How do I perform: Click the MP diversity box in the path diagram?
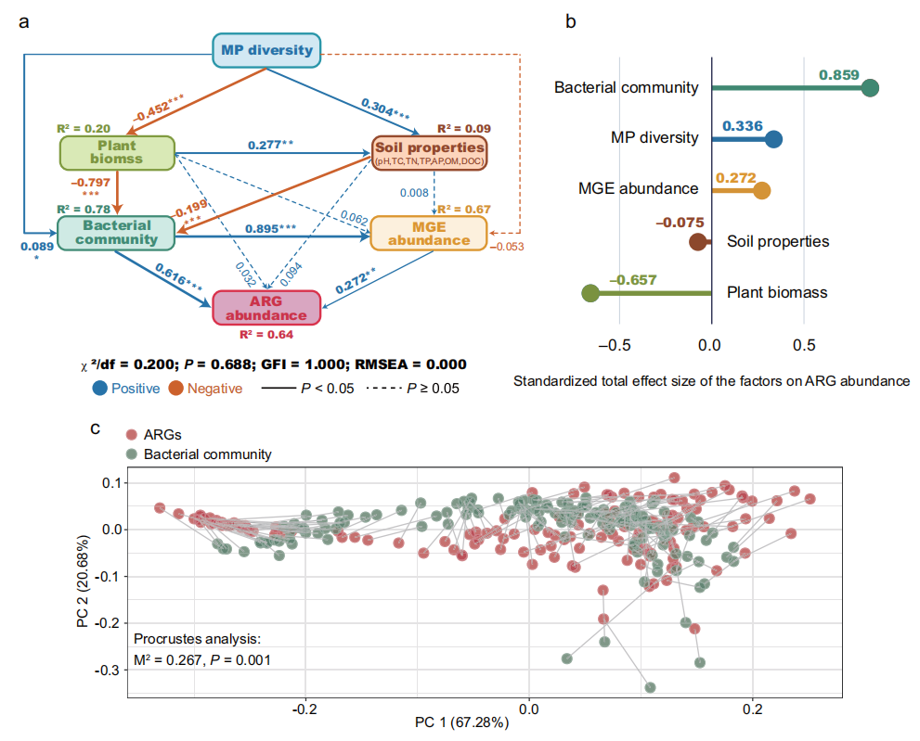(266, 50)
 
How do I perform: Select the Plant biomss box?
(118, 152)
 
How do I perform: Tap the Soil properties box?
(428, 152)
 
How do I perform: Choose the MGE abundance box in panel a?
(428, 233)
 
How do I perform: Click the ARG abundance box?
(266, 307)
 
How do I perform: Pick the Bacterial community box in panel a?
(117, 232)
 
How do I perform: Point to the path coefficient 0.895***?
(269, 228)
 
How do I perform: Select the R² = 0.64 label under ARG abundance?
(266, 336)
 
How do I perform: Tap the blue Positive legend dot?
(99, 389)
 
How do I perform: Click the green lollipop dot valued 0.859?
(870, 88)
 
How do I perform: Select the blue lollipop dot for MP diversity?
(773, 140)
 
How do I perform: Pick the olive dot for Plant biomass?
(590, 294)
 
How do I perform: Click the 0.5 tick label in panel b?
(804, 344)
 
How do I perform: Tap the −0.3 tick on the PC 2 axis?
(108, 670)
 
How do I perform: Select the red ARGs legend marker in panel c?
(132, 434)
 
